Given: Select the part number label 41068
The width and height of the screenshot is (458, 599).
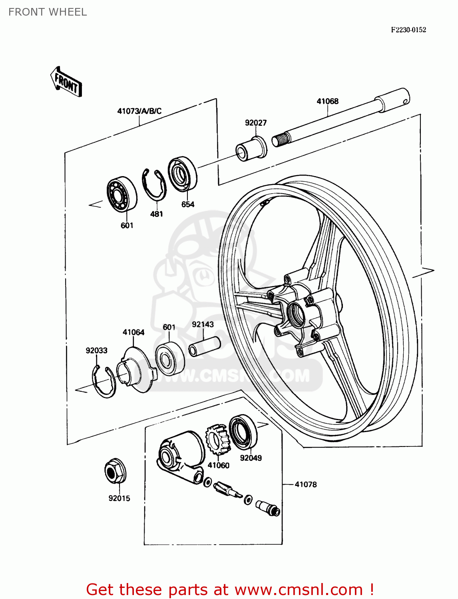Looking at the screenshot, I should tap(327, 101).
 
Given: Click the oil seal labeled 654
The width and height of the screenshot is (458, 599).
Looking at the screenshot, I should tap(183, 174).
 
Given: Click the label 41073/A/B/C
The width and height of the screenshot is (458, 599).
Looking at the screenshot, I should tap(139, 111).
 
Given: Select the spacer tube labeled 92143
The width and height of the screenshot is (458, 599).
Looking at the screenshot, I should tap(205, 346).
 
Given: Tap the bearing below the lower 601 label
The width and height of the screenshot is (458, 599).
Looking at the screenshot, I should tap(170, 358).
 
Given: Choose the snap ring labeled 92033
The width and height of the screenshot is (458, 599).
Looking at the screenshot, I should tap(103, 382).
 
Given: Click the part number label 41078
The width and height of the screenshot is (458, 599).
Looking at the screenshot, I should tap(305, 484).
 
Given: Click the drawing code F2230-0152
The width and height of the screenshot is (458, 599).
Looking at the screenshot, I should tap(408, 30).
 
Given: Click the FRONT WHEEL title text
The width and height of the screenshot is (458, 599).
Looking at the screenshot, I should tap(48, 12).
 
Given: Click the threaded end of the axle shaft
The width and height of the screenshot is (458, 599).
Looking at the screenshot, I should tap(281, 139).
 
